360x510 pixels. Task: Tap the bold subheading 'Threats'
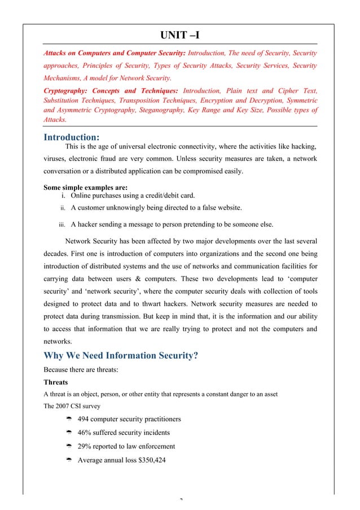[x=56, y=382]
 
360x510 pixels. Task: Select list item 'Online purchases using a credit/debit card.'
[x=133, y=196]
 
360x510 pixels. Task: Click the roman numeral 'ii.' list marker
[x=63, y=208]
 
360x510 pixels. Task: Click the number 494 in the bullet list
[x=84, y=419]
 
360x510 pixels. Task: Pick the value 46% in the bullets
[x=85, y=432]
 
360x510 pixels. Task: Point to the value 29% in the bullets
[x=85, y=446]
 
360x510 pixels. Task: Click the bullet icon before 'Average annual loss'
[x=67, y=460]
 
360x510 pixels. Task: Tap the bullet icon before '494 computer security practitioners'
[x=67, y=419]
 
